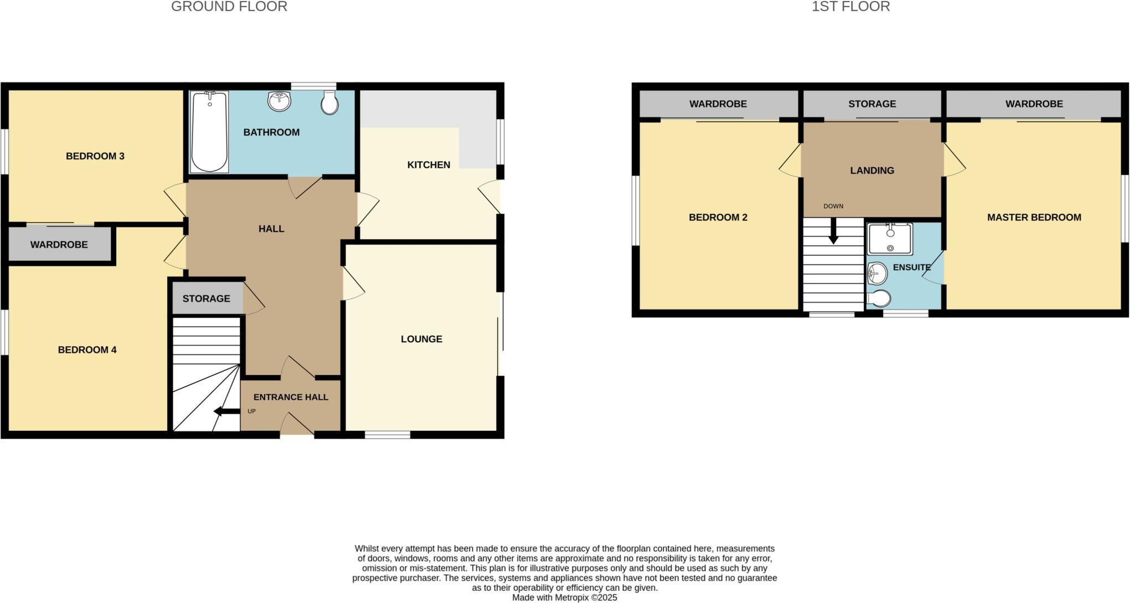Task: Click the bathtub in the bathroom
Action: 209,132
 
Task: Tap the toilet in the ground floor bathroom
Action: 329,103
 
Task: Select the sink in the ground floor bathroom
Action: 279,101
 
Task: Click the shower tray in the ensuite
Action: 890,239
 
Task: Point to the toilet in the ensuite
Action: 879,298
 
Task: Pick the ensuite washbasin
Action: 877,272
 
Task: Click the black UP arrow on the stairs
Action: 226,411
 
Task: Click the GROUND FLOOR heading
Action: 229,7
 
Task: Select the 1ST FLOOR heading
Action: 850,7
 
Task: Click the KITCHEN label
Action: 429,164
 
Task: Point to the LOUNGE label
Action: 421,339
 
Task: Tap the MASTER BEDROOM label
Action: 1034,218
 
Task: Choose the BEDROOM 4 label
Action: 87,349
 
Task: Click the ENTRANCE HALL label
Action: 291,397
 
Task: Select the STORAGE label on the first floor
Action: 872,104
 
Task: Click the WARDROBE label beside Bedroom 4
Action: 59,244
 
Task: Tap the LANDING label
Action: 872,171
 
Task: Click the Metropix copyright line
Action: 564,597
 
